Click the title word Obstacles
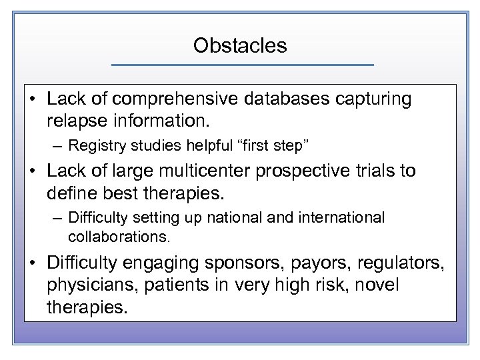click(x=240, y=45)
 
